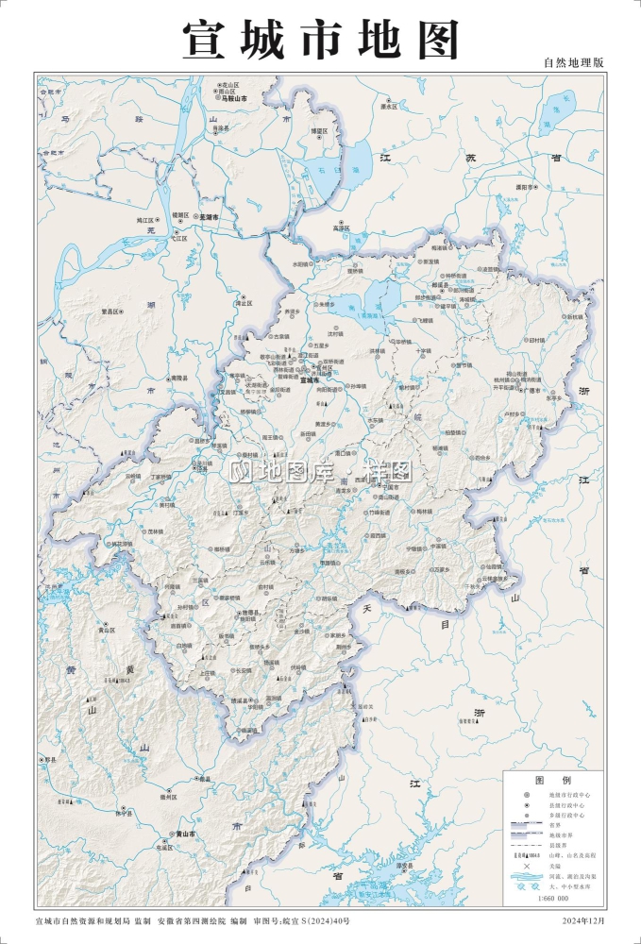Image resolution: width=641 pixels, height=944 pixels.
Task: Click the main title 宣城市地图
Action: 320,40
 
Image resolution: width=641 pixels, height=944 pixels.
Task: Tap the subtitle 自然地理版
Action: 573,62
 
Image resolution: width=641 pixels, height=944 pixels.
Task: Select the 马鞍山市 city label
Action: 233,98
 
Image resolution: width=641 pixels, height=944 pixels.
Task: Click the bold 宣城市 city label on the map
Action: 309,380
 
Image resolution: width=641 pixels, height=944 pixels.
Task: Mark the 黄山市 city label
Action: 185,834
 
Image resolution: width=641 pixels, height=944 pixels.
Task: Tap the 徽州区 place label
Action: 169,797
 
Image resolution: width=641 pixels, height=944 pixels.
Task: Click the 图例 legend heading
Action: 552,781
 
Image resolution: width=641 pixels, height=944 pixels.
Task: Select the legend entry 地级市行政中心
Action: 566,795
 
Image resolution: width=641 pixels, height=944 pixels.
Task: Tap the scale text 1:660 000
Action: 553,898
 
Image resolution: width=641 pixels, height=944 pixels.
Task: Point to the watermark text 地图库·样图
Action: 321,471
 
